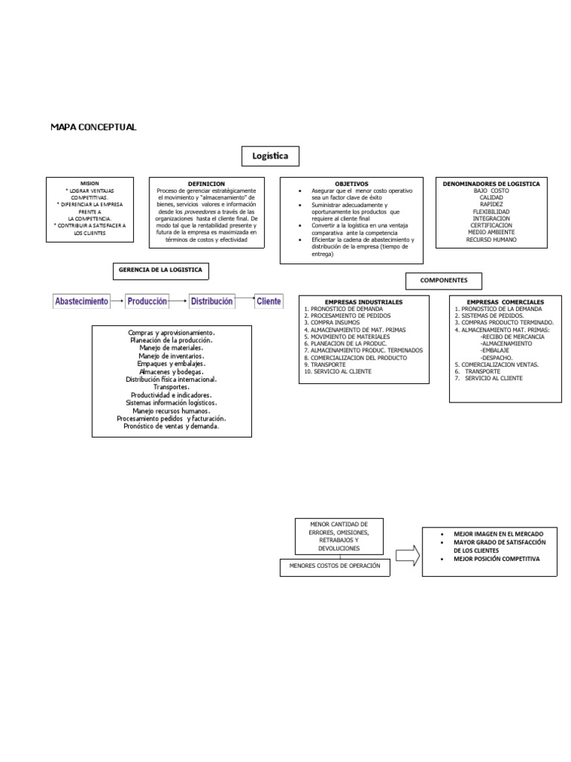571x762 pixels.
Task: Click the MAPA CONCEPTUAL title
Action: (x=93, y=127)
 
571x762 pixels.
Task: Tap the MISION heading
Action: (x=89, y=182)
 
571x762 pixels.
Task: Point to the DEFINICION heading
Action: (x=206, y=183)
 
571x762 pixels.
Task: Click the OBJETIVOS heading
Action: (x=351, y=183)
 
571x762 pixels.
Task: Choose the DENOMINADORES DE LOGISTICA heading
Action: (x=491, y=183)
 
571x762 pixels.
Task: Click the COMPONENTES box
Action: (x=443, y=281)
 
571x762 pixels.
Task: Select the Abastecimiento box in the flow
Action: (x=82, y=301)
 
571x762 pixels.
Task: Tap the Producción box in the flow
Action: (x=146, y=301)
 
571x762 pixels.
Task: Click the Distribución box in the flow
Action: (x=211, y=301)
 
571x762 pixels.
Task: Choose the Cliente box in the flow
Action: (x=268, y=301)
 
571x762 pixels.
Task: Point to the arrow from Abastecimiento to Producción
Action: (x=117, y=301)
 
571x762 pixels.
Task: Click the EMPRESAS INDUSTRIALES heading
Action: (x=364, y=301)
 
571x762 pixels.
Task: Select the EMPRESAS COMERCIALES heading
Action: (x=505, y=302)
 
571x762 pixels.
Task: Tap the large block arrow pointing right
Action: (x=407, y=554)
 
